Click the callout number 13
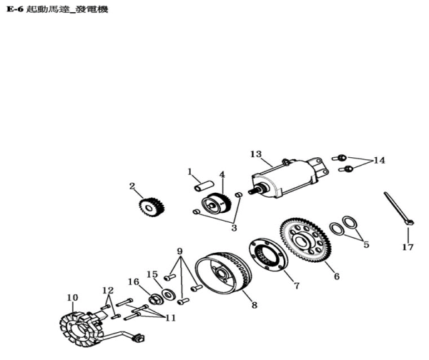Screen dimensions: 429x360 coord(256,154)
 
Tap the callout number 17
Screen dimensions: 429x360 coord(408,247)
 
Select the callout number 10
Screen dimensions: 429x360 coord(72,297)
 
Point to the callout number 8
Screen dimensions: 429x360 coord(255,305)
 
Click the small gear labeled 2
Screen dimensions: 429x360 coord(152,206)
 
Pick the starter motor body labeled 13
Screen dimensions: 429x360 coord(290,178)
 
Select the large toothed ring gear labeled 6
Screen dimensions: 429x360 coord(305,240)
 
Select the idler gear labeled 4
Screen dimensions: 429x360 coord(216,205)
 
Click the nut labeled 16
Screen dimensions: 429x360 coord(156,299)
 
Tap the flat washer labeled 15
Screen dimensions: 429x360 coord(169,295)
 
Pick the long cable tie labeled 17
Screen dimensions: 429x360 coord(399,209)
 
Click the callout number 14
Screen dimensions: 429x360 coord(379,160)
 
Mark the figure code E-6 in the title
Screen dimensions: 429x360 coord(14,9)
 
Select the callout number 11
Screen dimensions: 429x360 coord(170,318)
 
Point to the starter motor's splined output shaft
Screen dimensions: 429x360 coord(254,191)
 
